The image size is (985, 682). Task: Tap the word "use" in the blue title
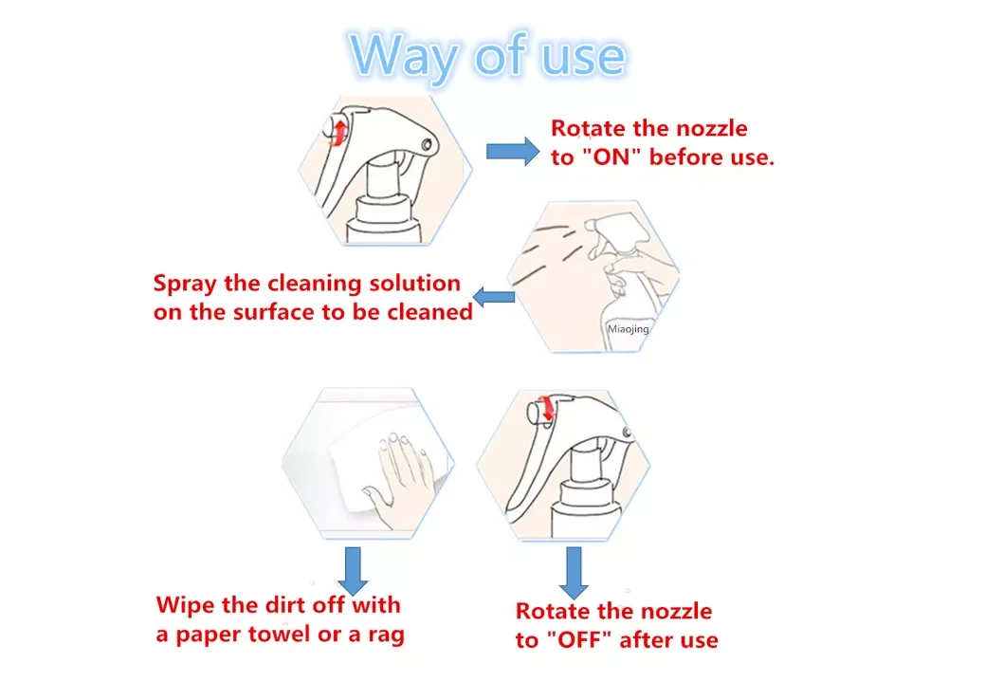tap(584, 57)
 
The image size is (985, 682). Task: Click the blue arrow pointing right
tap(513, 152)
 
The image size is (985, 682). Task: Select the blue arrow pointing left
tap(494, 297)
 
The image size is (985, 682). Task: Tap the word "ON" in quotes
tap(611, 157)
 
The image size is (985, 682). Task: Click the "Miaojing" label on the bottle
tap(629, 329)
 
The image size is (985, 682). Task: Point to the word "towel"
tap(281, 635)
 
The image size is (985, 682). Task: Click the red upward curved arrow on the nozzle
tap(338, 133)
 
